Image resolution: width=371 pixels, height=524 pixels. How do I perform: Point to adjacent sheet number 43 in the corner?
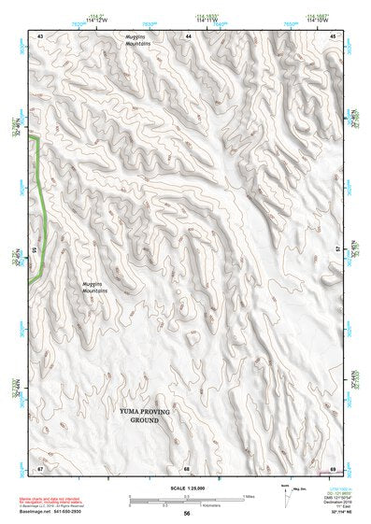[40, 35]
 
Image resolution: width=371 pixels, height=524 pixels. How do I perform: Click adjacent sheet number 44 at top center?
[188, 35]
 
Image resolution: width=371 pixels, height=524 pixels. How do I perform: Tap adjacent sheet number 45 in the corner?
[334, 35]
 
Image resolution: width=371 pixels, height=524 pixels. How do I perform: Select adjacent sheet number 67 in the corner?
[40, 467]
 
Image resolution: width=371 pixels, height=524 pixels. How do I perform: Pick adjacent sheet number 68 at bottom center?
[187, 467]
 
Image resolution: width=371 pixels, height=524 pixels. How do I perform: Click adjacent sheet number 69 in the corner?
[334, 467]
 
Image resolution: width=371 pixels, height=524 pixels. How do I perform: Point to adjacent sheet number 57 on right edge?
[336, 250]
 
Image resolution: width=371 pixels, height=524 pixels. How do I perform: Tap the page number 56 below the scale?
[187, 513]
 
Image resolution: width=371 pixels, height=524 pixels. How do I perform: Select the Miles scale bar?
[187, 495]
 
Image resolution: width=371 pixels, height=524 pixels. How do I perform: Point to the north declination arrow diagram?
[285, 492]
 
